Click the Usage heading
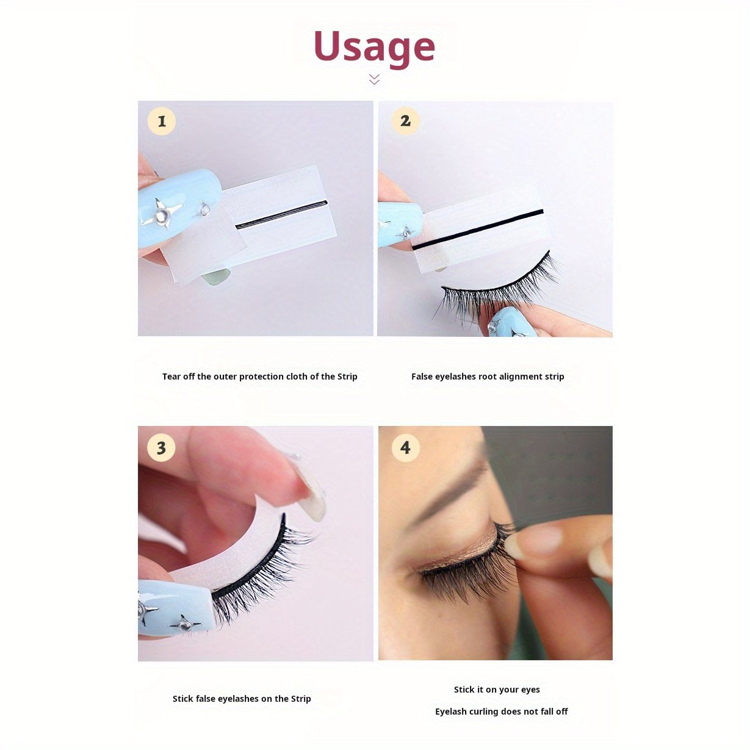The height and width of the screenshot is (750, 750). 374,48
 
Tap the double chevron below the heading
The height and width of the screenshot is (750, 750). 374,79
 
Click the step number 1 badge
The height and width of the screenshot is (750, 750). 162,121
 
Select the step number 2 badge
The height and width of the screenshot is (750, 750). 405,121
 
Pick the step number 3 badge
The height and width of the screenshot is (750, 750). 162,447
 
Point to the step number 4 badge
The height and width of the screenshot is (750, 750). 406,447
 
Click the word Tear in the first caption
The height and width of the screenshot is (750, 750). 171,377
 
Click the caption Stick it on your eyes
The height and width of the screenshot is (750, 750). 497,690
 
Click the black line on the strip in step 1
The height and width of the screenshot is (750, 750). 281,214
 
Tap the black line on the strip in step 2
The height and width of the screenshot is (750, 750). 478,229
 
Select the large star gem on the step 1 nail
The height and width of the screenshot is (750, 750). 162,212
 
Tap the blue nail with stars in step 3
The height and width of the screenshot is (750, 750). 176,608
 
